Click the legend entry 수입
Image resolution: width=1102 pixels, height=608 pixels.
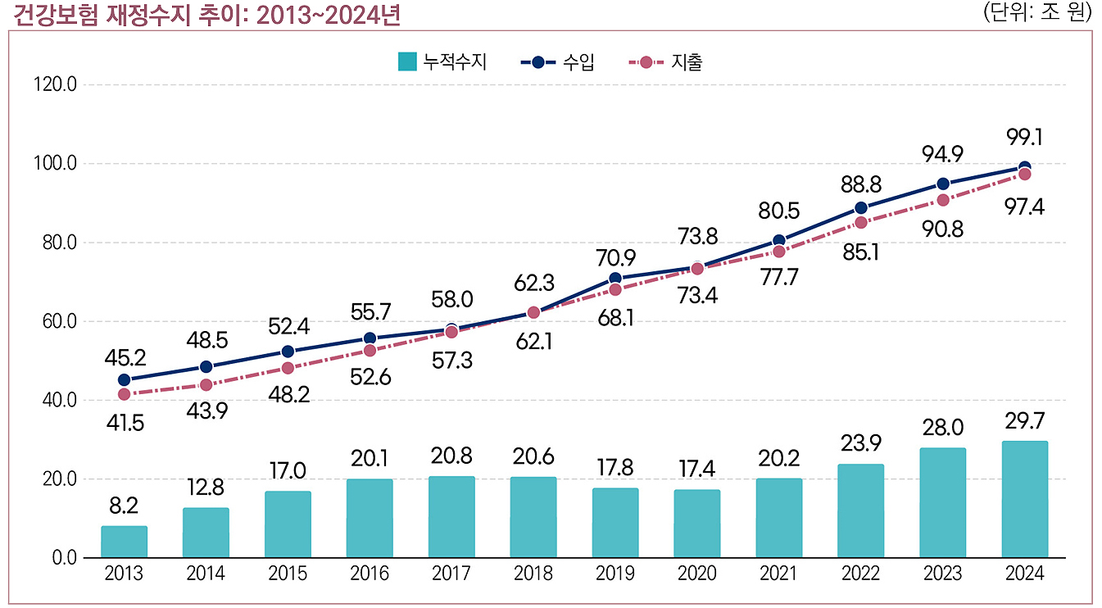coord(557,62)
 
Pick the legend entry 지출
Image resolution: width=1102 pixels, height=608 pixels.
coord(665,62)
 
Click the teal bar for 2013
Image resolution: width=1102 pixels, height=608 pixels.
coord(124,542)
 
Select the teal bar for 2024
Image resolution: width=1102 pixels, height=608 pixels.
coord(1024,499)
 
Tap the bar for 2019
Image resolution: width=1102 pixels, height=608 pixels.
coord(615,523)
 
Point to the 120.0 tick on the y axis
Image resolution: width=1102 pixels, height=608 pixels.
coord(52,85)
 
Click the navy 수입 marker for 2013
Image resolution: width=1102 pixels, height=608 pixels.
coord(124,379)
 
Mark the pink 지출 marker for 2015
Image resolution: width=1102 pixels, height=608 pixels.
coord(288,368)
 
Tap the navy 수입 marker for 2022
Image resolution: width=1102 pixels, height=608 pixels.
coord(860,208)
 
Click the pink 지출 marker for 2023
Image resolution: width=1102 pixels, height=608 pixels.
coord(942,200)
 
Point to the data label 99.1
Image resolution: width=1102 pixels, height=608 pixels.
coord(1024,137)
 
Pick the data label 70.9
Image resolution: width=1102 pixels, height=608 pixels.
coord(615,257)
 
